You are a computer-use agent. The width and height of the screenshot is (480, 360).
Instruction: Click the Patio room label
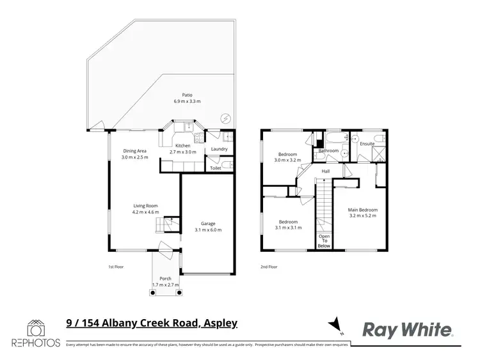point(187,95)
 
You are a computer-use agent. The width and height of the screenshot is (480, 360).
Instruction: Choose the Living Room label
point(145,206)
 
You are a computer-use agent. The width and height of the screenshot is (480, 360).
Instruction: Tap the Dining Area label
point(136,152)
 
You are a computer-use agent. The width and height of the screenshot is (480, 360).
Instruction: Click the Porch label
point(166,279)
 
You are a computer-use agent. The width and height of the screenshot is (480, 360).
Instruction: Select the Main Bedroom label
point(362,210)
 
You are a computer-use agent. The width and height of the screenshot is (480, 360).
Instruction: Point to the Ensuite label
point(367,144)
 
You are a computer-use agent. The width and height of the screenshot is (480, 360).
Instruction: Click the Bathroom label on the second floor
point(328,151)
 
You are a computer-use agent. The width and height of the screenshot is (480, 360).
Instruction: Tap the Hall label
point(325,171)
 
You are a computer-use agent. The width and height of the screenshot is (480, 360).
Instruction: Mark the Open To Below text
point(324,240)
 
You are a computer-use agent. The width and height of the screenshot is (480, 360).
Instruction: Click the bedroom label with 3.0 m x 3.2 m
point(287,155)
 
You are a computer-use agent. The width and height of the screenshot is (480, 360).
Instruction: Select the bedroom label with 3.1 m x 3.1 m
point(287,222)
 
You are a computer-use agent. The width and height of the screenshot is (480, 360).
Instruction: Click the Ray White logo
point(408,329)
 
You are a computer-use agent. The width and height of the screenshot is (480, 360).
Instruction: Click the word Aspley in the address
point(220,324)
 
